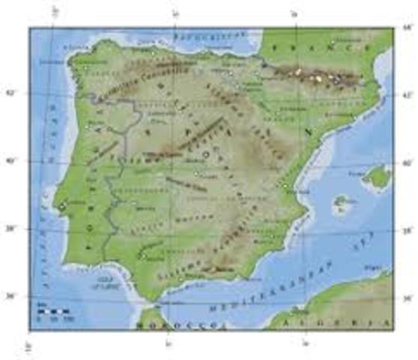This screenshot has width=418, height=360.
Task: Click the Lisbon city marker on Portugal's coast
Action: tap(62, 206)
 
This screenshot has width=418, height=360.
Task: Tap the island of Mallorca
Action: tap(376, 178)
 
